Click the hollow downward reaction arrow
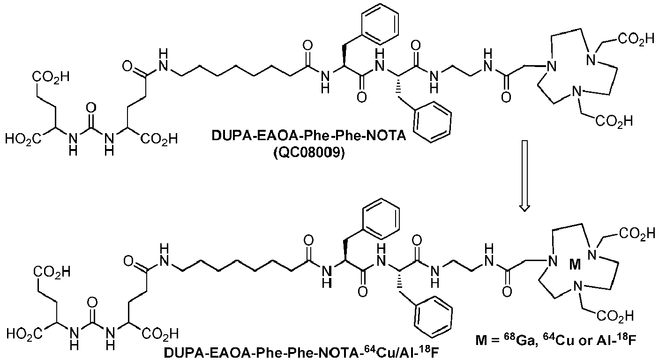[524, 176]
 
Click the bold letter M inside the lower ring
[575, 266]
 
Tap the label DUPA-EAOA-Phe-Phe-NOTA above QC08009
[308, 136]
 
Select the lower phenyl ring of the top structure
[432, 123]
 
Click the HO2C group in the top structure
[23, 139]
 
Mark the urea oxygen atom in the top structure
[91, 108]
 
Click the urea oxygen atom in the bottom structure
[92, 303]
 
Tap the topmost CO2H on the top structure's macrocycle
[636, 41]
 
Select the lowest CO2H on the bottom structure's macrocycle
[615, 316]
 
